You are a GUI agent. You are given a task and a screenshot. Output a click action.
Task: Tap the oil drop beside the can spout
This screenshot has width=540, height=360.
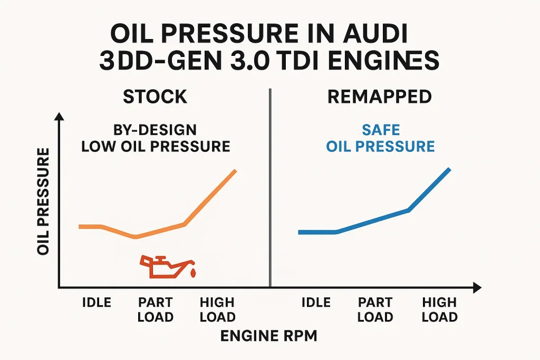(192, 273)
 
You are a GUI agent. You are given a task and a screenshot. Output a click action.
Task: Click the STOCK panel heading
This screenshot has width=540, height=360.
(155, 96)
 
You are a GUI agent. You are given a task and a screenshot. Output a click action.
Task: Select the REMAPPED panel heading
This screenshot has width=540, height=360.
(380, 96)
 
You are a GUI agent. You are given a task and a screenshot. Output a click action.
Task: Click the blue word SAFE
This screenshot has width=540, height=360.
(380, 129)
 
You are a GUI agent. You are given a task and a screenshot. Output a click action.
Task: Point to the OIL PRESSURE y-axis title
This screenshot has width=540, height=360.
(44, 202)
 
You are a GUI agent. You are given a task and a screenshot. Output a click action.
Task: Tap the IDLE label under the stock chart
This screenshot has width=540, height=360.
(97, 303)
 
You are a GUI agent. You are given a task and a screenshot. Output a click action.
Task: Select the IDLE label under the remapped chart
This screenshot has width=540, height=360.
(316, 303)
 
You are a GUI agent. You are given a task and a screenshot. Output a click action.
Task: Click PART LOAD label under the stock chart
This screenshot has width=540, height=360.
(155, 309)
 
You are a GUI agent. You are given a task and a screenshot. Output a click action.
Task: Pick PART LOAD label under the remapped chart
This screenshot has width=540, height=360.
(375, 309)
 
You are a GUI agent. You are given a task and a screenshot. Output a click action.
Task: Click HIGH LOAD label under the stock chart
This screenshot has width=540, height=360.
(217, 309)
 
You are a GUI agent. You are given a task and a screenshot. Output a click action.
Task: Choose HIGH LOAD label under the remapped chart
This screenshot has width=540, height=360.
(439, 309)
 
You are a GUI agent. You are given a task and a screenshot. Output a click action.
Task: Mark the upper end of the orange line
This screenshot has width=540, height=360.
(235, 171)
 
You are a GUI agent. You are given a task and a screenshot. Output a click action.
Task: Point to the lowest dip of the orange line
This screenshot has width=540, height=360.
(136, 237)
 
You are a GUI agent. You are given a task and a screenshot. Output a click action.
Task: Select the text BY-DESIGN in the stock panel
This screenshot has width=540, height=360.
(156, 129)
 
